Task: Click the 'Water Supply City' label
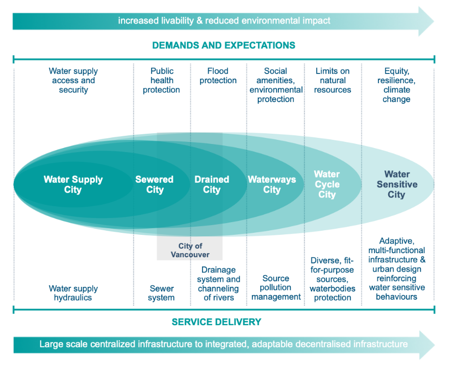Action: tap(73, 185)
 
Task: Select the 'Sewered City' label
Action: tap(155, 185)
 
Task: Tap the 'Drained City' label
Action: tap(212, 185)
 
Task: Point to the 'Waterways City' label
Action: tap(272, 185)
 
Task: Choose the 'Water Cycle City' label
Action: tap(327, 185)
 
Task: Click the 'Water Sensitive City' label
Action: tap(396, 185)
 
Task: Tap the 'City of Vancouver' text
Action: tap(190, 250)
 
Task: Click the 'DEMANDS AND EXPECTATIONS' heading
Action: tap(223, 45)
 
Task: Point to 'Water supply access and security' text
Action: tap(73, 81)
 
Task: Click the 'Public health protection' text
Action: tap(161, 81)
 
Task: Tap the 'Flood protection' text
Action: tap(218, 76)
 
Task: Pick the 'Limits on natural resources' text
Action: tap(333, 81)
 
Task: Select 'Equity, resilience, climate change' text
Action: tap(396, 85)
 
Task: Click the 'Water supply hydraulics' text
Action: tap(73, 293)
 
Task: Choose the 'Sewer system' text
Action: tap(161, 293)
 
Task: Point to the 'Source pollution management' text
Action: tap(276, 288)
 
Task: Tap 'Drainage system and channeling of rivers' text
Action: tap(218, 284)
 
